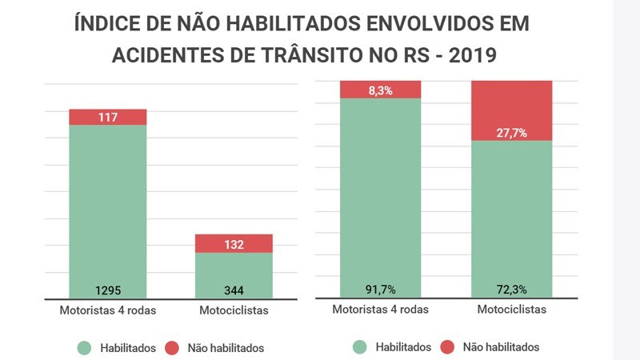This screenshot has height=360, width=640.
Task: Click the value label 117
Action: tap(108, 118)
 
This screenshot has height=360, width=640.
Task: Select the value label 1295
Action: tap(108, 290)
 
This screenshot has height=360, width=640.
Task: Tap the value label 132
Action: tap(234, 244)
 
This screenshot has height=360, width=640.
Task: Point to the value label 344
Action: tap(234, 290)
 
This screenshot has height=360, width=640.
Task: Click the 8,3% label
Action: tap(381, 90)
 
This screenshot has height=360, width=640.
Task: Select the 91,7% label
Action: tap(381, 289)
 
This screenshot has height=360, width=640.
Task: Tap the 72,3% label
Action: tap(512, 289)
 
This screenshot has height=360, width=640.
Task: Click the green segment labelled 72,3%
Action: tap(512, 216)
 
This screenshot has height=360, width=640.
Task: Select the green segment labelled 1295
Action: tap(108, 208)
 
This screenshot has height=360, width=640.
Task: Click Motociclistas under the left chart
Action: tap(234, 310)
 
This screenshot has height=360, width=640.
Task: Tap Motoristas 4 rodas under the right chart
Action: tap(381, 310)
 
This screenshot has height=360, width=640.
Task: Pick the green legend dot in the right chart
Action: tap(358, 347)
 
